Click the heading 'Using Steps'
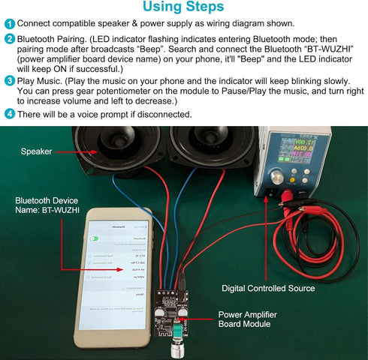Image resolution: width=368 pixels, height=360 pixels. [x=183, y=8]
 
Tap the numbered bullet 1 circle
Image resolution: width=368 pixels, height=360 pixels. [x=9, y=23]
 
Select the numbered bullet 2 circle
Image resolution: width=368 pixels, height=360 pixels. [x=9, y=38]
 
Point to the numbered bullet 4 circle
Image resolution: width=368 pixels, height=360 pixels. [x=9, y=115]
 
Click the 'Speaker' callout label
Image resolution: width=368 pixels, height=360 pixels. [x=36, y=151]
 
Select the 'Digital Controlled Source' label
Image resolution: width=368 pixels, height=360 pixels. [x=268, y=288]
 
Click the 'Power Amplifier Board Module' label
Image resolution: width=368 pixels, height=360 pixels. [x=251, y=319]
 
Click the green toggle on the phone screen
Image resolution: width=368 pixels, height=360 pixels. [x=95, y=238]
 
